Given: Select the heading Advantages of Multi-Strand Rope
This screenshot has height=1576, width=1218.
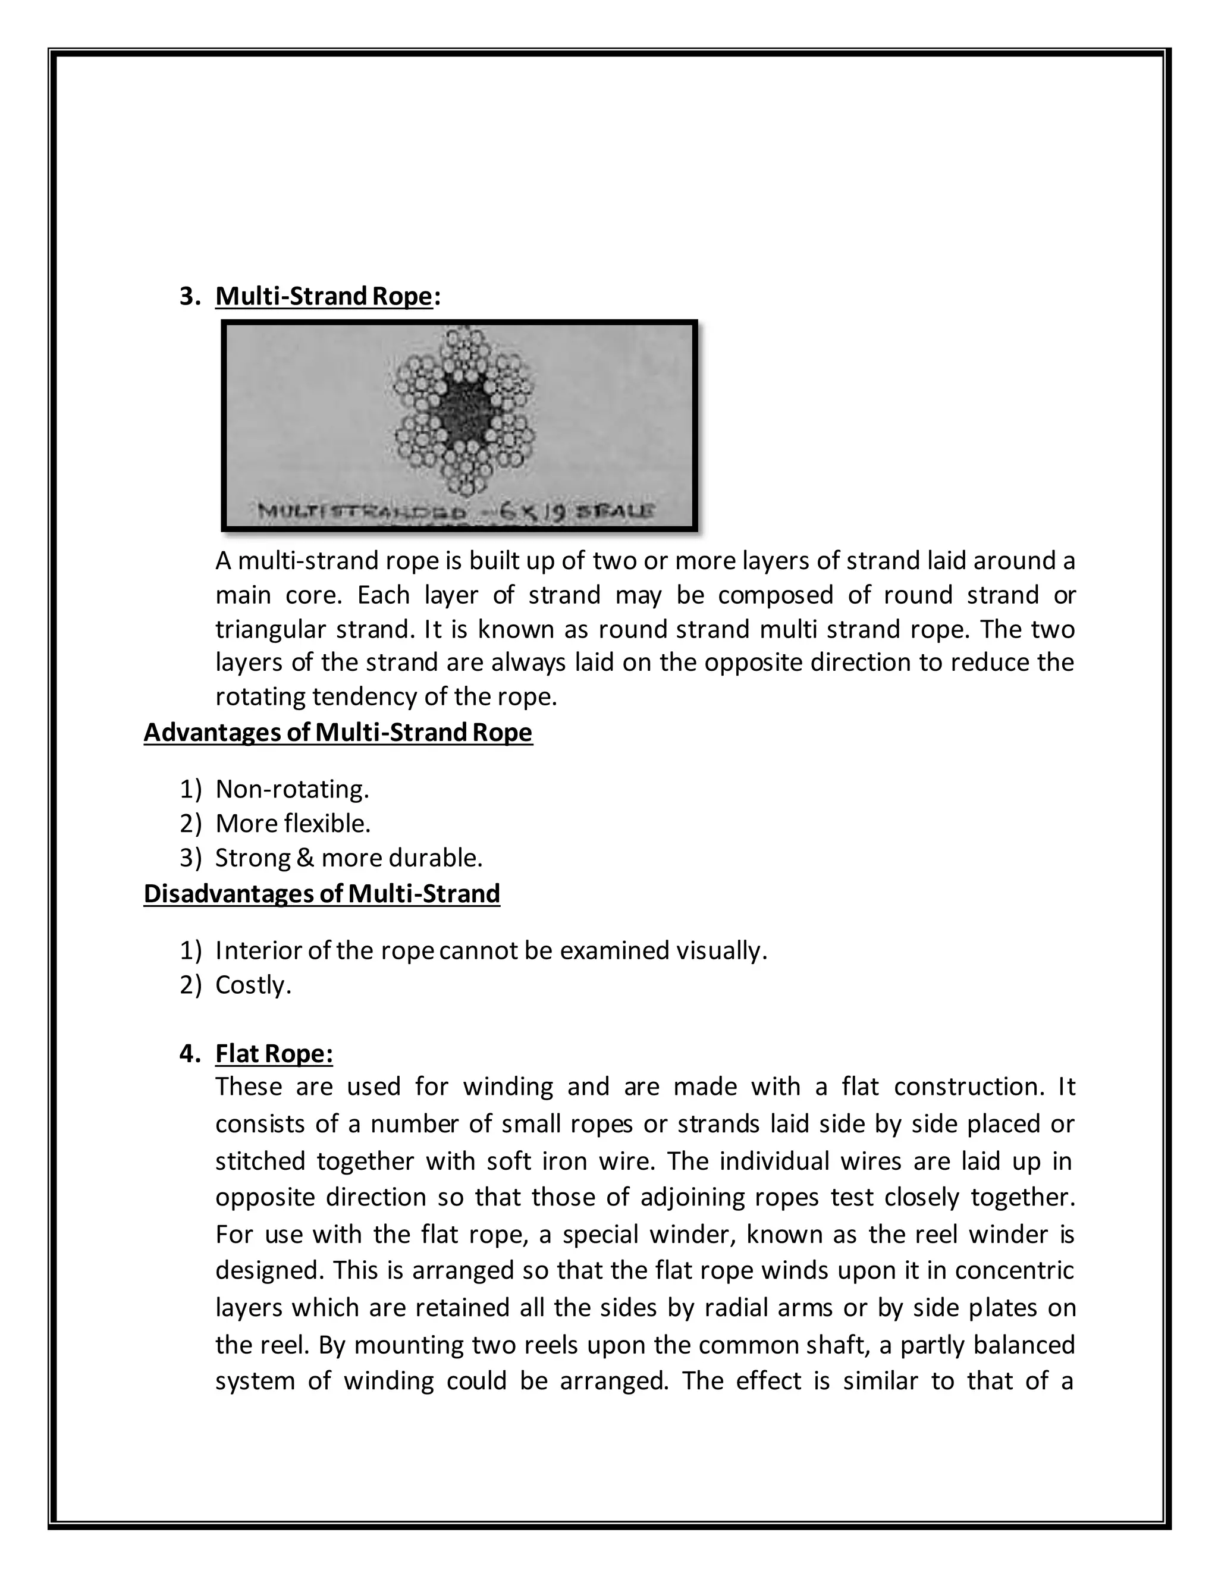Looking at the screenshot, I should [x=338, y=733].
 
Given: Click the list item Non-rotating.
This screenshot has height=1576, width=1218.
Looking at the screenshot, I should [x=292, y=789].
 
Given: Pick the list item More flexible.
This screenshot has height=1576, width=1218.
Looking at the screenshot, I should [x=293, y=823].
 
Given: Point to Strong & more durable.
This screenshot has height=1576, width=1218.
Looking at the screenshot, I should [x=349, y=858].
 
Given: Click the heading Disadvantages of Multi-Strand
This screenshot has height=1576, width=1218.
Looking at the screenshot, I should [x=322, y=893].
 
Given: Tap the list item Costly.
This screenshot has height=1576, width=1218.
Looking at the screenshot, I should [x=253, y=985].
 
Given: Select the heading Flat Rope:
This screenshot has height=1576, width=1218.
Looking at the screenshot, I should [x=274, y=1054].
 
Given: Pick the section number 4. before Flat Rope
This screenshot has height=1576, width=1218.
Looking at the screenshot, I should [x=190, y=1054].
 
